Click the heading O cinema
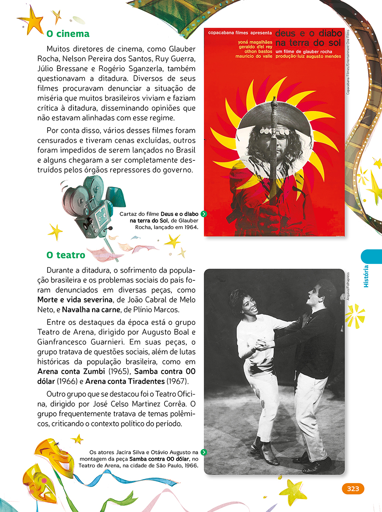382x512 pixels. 67,34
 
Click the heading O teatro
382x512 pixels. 66,255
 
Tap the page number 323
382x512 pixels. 353,489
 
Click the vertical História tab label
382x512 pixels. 366,276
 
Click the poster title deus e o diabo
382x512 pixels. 308,33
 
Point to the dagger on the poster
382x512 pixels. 274,140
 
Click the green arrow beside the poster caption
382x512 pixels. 204,214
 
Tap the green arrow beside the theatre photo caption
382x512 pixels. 204,452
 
